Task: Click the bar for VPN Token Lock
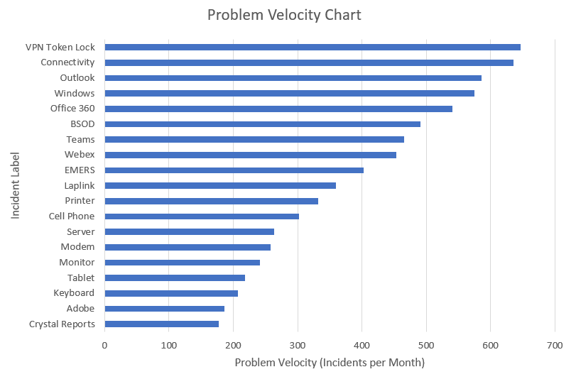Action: (313, 48)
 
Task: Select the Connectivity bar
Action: (309, 62)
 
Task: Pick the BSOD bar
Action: (263, 124)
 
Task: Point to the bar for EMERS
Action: (234, 170)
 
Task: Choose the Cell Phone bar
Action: (202, 216)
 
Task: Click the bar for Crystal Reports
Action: (162, 324)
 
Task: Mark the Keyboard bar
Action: (171, 293)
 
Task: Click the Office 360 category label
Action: (72, 109)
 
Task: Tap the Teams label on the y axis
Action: (80, 140)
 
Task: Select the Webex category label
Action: (80, 155)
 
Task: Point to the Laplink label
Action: (79, 186)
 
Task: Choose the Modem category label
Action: (77, 247)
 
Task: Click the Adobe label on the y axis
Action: (80, 309)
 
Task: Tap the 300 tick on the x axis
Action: (298, 346)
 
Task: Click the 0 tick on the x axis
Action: (104, 346)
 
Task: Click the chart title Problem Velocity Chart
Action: (284, 15)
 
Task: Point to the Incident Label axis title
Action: (16, 185)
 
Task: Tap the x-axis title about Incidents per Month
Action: (330, 363)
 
